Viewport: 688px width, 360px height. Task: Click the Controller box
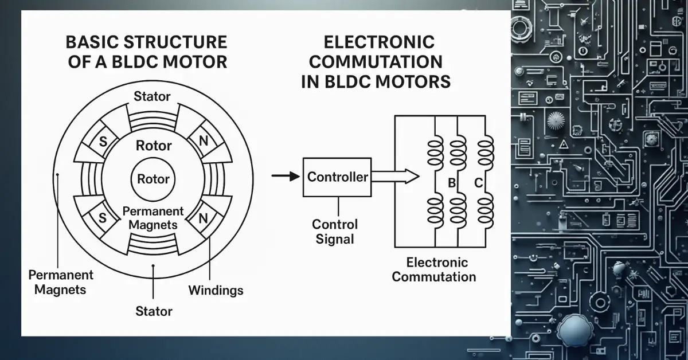pyautogui.click(x=337, y=177)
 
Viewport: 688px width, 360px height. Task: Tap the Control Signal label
pyautogui.click(x=335, y=231)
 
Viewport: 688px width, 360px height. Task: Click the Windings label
pyautogui.click(x=216, y=291)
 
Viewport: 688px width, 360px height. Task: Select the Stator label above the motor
pyautogui.click(x=152, y=96)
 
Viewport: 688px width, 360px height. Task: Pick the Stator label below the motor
pyautogui.click(x=154, y=311)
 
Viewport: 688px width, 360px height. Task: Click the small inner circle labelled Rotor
pyautogui.click(x=153, y=179)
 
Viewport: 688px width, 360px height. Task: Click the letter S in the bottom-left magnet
pyautogui.click(x=103, y=218)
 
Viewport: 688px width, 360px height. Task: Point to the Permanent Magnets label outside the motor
pyautogui.click(x=60, y=282)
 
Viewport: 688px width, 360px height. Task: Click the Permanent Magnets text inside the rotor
pyautogui.click(x=153, y=218)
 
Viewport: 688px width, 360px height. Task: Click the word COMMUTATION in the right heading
pyautogui.click(x=372, y=61)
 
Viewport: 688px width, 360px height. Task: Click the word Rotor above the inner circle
pyautogui.click(x=153, y=146)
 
